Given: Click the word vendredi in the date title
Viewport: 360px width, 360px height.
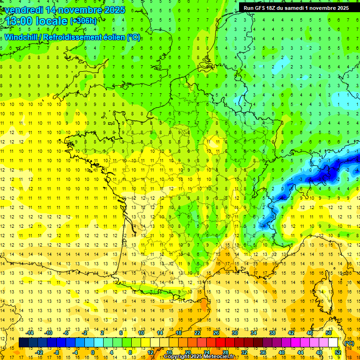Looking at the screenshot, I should pos(24,10).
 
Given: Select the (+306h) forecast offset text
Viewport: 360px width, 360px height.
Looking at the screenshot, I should pos(83,21).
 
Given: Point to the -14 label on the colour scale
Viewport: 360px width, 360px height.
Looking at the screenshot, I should pos(30,333).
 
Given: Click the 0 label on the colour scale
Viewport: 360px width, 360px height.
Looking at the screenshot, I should pos(92,352).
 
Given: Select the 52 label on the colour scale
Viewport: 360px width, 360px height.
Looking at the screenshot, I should pos(337,352).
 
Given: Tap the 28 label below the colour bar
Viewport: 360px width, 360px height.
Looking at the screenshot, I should pos(225,352).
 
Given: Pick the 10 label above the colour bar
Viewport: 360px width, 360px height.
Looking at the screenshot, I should pos(141,333).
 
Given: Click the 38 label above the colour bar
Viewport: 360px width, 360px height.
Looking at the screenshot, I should pos(272,333).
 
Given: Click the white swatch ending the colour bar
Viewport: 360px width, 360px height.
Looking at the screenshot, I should pos(333,343).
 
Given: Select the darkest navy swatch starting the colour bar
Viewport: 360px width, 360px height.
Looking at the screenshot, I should pos(23,343).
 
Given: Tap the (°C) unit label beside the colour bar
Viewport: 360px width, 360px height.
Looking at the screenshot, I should pos(349,343).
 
